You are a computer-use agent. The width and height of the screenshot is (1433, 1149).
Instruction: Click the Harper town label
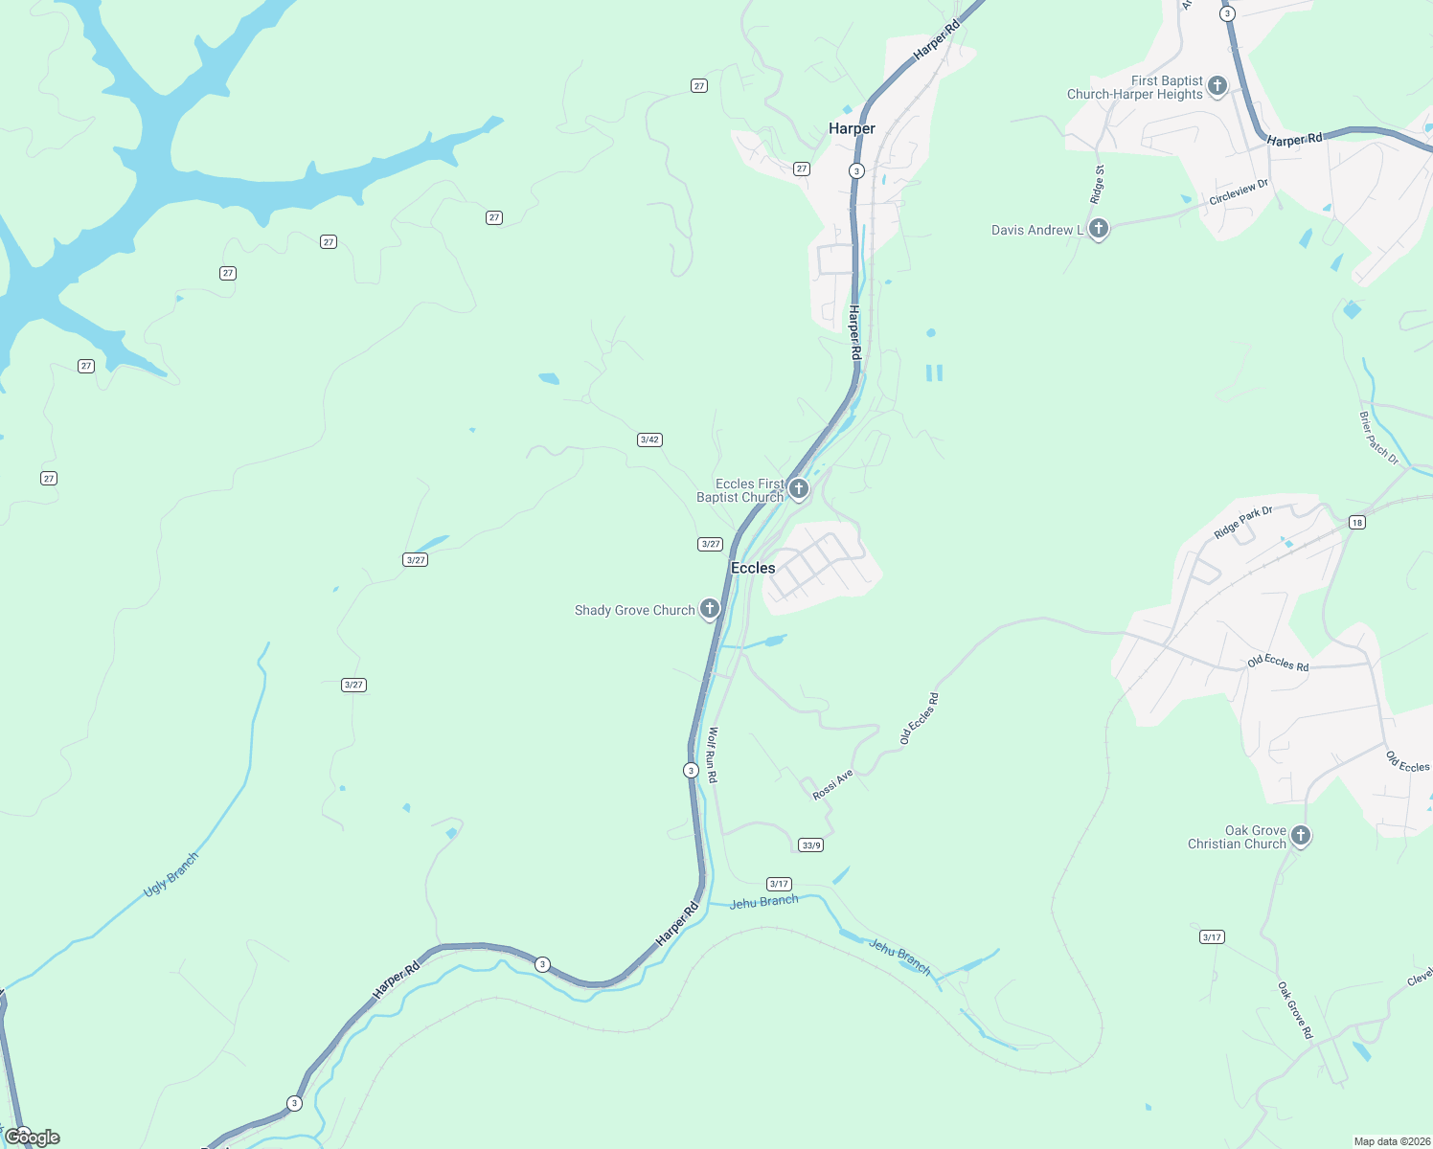coord(852,128)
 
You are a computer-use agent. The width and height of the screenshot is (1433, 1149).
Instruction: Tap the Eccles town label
coord(753,568)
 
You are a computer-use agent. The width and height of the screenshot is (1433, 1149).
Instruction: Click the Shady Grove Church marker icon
coord(709,609)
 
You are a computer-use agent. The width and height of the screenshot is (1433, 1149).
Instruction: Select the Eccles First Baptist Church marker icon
coord(798,489)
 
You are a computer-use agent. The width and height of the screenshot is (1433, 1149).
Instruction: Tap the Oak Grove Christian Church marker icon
coord(1300,836)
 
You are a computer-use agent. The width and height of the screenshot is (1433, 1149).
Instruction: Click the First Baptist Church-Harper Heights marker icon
coord(1217,86)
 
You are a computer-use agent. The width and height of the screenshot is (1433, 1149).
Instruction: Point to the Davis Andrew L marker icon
coord(1099,229)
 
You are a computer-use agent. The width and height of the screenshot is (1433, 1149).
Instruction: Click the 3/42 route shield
coord(649,439)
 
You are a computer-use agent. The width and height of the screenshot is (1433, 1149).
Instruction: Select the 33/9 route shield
coord(811,845)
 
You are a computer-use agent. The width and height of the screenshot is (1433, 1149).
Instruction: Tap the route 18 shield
coord(1356,523)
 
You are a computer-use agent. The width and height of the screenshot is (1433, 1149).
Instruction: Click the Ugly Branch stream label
coord(171,875)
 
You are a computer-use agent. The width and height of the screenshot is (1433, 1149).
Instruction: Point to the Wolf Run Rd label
coord(712,755)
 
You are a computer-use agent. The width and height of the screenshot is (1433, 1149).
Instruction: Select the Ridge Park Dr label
coord(1243,523)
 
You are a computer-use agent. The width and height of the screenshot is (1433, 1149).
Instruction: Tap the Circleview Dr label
coord(1239,192)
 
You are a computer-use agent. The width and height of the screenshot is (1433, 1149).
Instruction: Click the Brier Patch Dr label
coord(1378,439)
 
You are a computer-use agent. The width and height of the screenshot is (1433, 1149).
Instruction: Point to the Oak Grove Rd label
coord(1294,1010)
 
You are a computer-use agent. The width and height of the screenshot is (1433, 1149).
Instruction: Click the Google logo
coord(33,1137)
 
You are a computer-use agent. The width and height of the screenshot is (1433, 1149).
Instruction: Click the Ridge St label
coord(1099,184)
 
